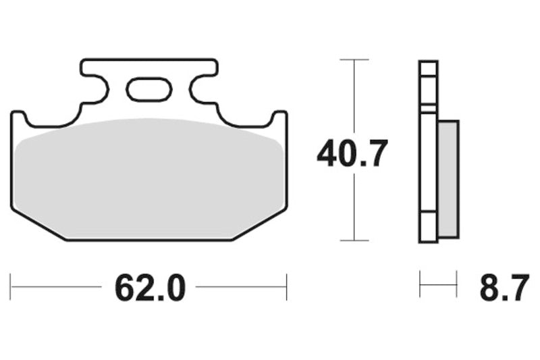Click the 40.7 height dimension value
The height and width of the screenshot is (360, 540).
(x=352, y=155)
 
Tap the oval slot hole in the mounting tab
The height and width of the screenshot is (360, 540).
(x=149, y=88)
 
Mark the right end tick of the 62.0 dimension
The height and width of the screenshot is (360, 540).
(x=287, y=286)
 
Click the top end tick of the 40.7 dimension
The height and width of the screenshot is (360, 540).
(x=354, y=60)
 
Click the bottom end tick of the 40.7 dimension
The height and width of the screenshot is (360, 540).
(x=354, y=240)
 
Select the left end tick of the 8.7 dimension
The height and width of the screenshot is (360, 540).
(x=420, y=284)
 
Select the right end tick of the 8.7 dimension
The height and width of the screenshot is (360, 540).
(x=457, y=284)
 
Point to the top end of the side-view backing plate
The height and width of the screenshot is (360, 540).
(x=428, y=63)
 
